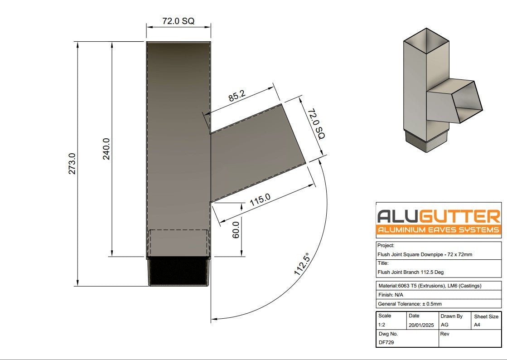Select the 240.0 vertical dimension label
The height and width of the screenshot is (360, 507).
tap(106, 149)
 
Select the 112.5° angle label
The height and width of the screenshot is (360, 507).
tap(301, 264)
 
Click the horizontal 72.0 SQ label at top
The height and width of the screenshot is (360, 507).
tap(179, 21)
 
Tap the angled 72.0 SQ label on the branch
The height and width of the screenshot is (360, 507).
tap(316, 123)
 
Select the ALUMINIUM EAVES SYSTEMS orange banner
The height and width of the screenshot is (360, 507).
tap(438, 230)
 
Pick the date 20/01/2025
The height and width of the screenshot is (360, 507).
tap(421, 325)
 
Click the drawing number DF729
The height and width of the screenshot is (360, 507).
tap(386, 342)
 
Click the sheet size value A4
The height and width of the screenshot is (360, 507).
tap(478, 325)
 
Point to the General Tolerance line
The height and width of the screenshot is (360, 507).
tap(410, 304)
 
